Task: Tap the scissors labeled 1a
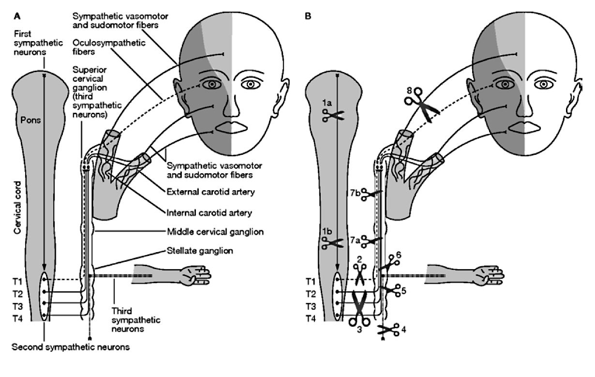coord(333,115)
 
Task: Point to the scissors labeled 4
coord(388,330)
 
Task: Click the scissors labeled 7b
coord(370,195)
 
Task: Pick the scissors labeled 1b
coord(333,243)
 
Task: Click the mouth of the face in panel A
coord(232,127)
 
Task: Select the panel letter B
coord(308,15)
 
